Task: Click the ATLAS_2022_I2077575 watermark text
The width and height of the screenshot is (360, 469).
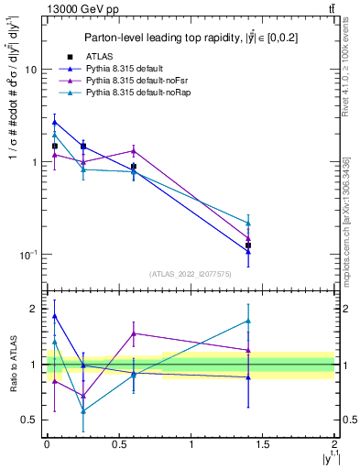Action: click(x=190, y=274)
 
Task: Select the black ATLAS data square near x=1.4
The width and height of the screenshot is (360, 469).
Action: click(x=248, y=245)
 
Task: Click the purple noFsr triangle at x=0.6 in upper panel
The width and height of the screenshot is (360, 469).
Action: click(x=134, y=151)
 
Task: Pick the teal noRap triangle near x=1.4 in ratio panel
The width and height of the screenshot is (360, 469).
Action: click(x=248, y=321)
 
